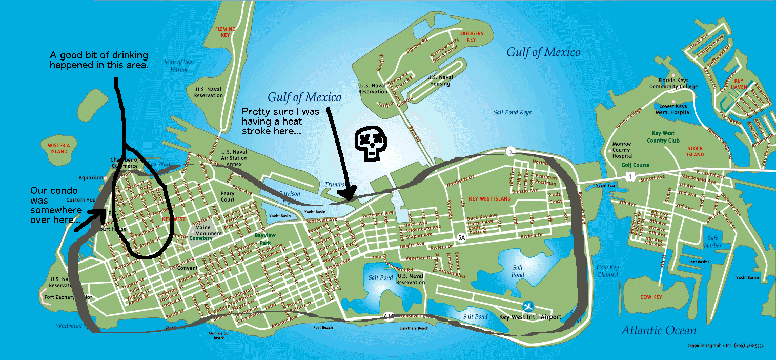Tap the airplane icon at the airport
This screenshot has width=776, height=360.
tap(528, 307)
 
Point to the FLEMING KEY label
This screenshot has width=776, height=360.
tap(226, 32)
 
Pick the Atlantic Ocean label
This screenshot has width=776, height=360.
tap(659, 331)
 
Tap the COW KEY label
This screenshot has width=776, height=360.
tap(651, 297)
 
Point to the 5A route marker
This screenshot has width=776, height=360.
tap(461, 238)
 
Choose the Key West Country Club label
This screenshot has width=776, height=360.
tap(663, 136)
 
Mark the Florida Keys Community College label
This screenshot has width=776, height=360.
tap(673, 83)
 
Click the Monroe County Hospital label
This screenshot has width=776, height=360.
tap(622, 150)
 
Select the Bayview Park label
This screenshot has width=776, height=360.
tap(266, 239)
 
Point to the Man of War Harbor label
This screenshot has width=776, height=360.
tap(176, 66)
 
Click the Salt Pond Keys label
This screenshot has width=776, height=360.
tap(512, 112)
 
